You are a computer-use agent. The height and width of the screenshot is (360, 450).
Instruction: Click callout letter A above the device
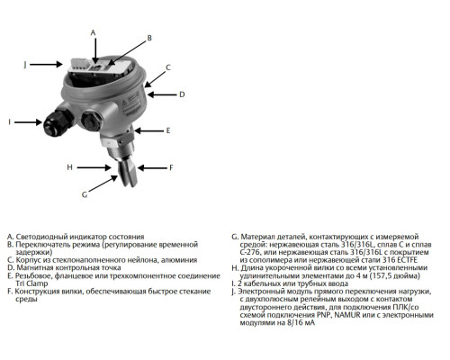tap(93, 31)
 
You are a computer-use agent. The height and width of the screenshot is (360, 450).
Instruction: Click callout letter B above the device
tap(149, 38)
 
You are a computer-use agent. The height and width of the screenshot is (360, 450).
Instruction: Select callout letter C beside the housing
tap(167, 67)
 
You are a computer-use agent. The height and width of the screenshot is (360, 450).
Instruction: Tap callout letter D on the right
tap(182, 94)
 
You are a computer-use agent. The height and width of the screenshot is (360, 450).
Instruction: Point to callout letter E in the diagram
tap(167, 130)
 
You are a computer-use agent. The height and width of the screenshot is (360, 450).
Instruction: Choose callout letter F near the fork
tap(171, 167)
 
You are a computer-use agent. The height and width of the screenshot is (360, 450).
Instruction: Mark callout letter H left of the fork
tap(69, 167)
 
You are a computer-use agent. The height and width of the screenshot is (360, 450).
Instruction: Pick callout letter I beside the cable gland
tap(10, 121)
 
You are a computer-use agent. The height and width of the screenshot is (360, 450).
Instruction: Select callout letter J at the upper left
tap(25, 64)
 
